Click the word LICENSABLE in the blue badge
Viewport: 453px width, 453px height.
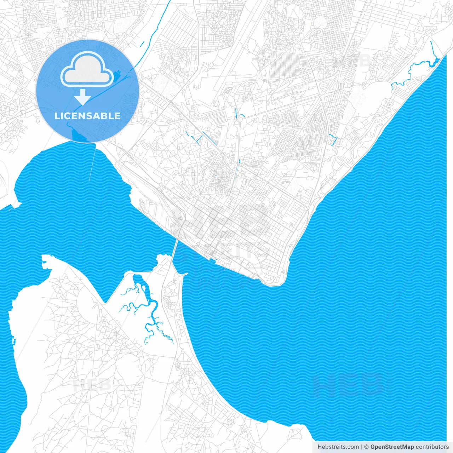(x=87, y=116)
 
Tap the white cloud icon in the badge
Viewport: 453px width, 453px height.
(x=87, y=69)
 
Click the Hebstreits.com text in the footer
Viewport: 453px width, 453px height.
(x=338, y=447)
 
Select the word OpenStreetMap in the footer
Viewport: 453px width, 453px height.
(x=392, y=447)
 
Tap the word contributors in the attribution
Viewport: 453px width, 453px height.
(x=432, y=447)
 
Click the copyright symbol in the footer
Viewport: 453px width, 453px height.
(x=366, y=447)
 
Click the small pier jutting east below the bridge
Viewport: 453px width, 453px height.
(x=184, y=274)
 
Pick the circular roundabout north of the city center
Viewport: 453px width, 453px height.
(x=240, y=119)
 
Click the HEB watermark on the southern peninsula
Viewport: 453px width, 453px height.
(x=92, y=385)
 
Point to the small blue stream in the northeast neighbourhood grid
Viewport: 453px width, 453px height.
(x=333, y=140)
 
